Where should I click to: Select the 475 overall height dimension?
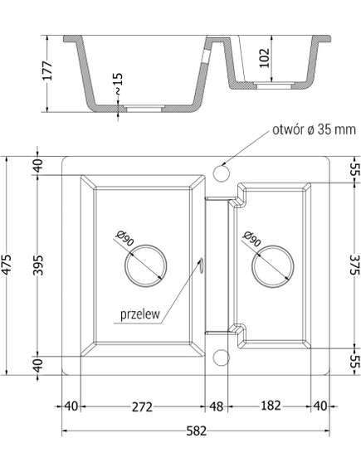[x=10, y=263]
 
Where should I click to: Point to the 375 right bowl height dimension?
[x=352, y=263]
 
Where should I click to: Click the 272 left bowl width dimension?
[x=142, y=406]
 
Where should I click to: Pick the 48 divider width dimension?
[x=217, y=406]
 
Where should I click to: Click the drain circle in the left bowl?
[x=144, y=265]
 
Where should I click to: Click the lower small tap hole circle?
[x=221, y=358]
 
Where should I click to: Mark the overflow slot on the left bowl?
[x=200, y=265]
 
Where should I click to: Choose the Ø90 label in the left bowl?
[x=125, y=238]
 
